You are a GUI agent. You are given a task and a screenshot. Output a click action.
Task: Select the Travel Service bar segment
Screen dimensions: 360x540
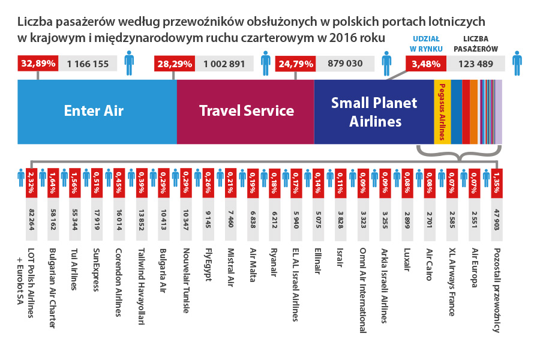tap(245, 112)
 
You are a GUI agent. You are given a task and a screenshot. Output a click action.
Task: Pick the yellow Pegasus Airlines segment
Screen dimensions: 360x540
tap(442, 112)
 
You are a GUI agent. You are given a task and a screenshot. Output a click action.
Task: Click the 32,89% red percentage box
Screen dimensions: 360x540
tap(38, 63)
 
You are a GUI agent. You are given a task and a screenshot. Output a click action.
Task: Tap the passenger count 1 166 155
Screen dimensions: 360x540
tap(88, 64)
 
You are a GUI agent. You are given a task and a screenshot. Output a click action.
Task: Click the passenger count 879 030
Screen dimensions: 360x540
tap(345, 64)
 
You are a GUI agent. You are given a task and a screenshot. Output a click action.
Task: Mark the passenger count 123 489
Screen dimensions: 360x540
tap(475, 64)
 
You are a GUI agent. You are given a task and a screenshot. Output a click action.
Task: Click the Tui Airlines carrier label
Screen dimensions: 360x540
tap(74, 269)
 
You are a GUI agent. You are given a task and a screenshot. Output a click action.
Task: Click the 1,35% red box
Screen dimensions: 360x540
tap(496, 183)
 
